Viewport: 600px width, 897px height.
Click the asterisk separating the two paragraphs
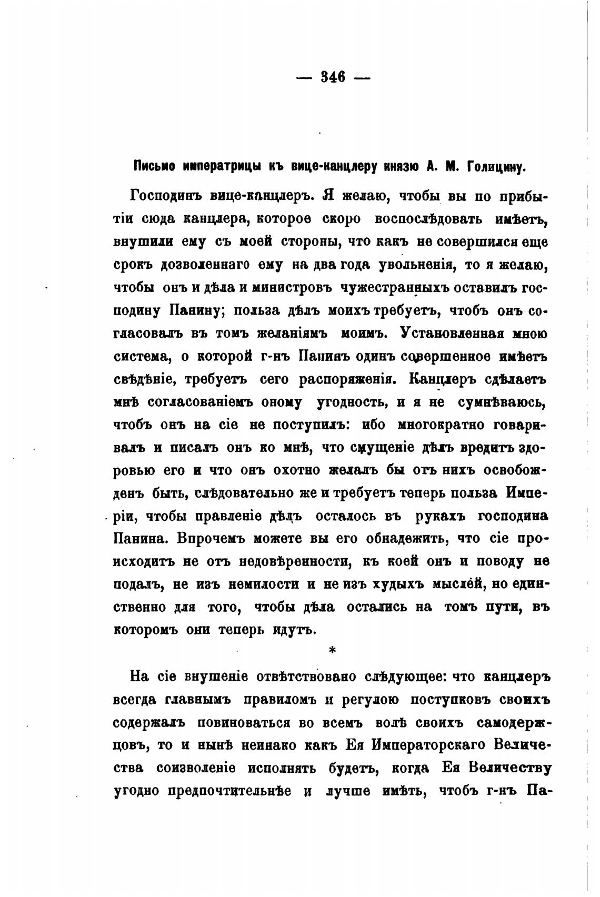click(x=332, y=651)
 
